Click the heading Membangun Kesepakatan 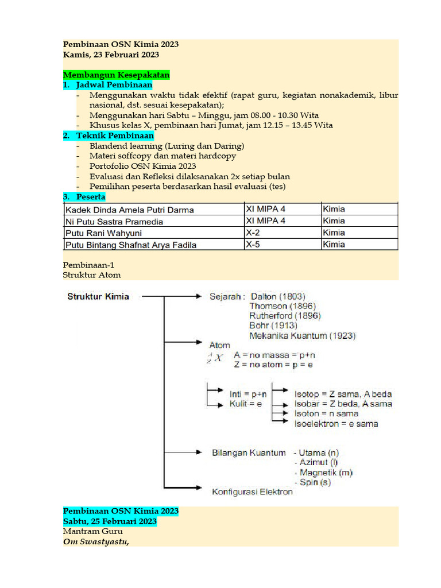coord(116,75)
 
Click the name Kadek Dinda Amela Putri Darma coord(130,210)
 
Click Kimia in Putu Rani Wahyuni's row coord(334,233)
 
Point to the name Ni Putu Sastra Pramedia coord(114,221)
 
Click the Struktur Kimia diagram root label coord(98,296)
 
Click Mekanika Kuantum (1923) coord(302,335)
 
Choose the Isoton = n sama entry coord(326,413)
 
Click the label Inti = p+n coord(248,394)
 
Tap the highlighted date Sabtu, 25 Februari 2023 coord(110,521)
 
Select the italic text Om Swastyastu coord(95,541)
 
